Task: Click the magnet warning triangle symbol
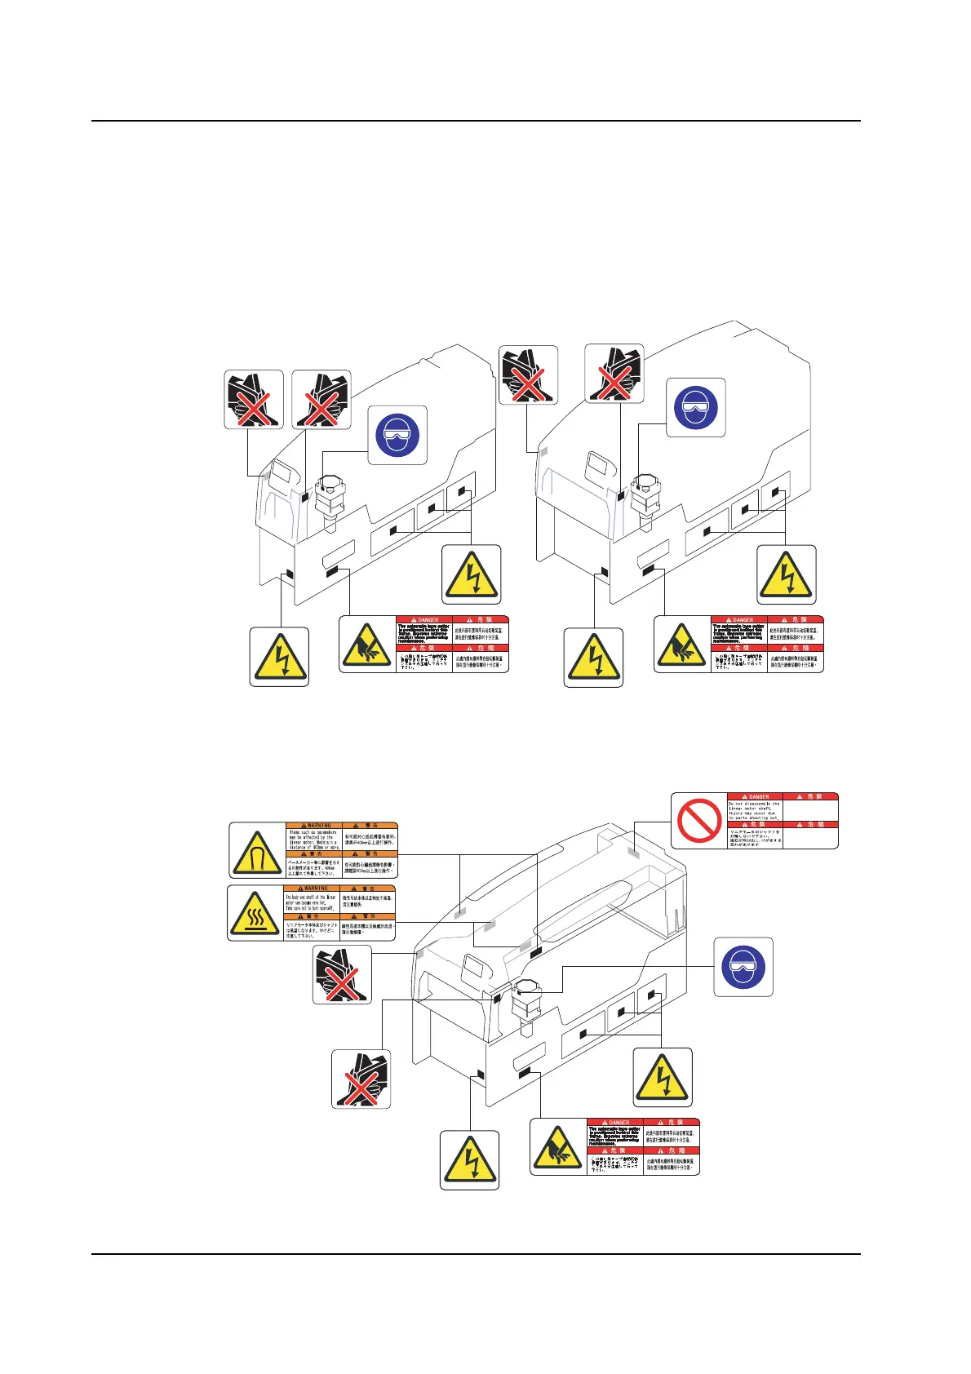256,850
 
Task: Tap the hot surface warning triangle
255,913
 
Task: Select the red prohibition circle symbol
699,821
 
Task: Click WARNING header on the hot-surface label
313,888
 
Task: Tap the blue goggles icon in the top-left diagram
397,435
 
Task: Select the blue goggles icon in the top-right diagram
696,407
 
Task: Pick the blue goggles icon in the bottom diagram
743,967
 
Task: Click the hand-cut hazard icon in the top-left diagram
367,644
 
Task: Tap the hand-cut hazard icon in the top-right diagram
682,644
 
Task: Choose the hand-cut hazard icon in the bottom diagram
558,1146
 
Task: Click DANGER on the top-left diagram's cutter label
424,620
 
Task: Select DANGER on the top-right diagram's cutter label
739,620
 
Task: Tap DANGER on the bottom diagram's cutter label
615,1123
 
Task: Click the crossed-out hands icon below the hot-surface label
342,975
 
